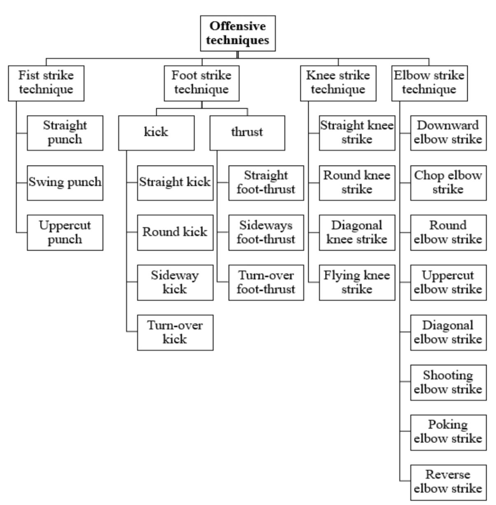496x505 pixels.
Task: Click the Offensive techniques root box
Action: (x=238, y=33)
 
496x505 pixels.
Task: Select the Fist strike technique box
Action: (x=46, y=83)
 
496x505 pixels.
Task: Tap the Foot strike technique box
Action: (x=201, y=83)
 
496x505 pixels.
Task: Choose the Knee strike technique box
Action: (x=338, y=83)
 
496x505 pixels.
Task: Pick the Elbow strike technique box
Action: (x=429, y=83)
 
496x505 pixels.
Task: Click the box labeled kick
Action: (x=156, y=132)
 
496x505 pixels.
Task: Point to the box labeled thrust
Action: (x=247, y=132)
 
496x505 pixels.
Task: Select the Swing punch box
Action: (x=65, y=183)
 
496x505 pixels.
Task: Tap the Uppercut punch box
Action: (x=65, y=232)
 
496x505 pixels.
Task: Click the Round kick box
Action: (x=175, y=232)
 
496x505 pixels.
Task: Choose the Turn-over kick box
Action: (x=175, y=332)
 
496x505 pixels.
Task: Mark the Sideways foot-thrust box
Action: (x=266, y=232)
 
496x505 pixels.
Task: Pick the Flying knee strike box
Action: (x=357, y=282)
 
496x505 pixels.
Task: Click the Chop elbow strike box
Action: (x=448, y=183)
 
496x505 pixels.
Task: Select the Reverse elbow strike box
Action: (x=448, y=481)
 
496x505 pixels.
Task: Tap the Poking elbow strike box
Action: (x=448, y=432)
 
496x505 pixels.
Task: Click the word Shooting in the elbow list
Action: (x=448, y=375)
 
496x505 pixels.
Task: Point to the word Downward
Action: (x=448, y=125)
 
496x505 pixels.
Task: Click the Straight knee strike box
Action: (x=357, y=132)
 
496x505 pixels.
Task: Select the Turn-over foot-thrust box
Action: (x=266, y=282)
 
